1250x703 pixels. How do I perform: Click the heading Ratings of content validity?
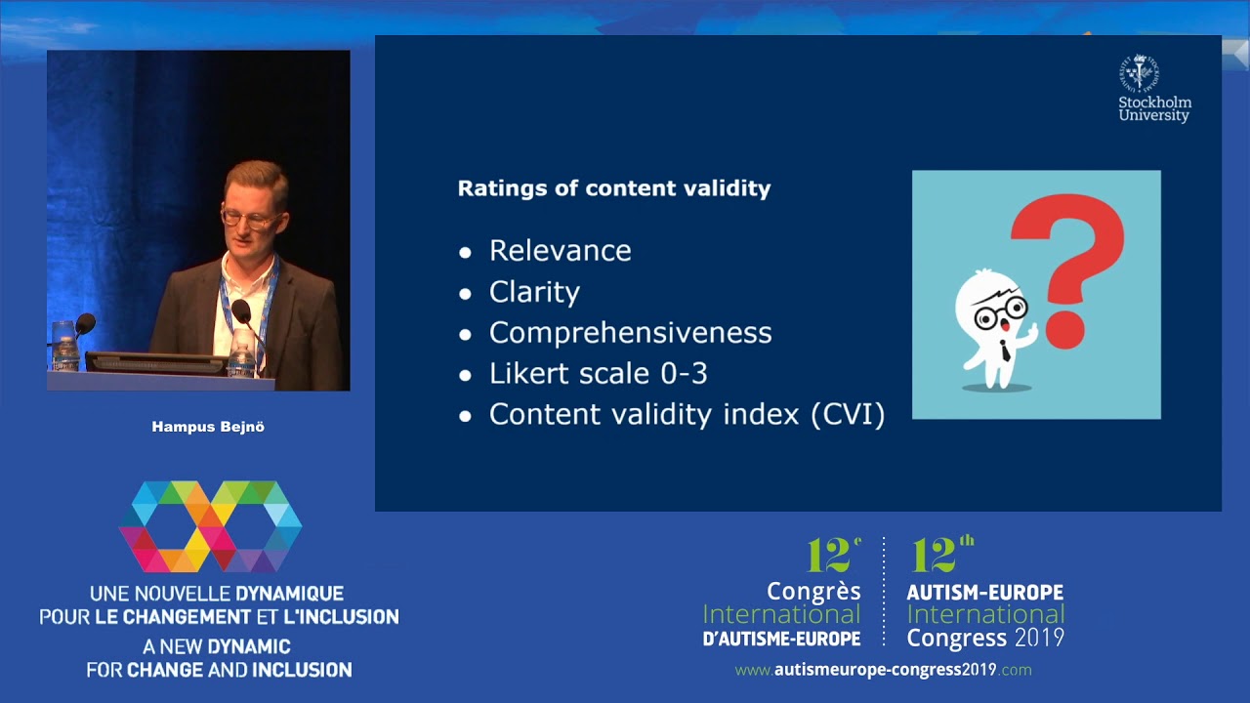[613, 188]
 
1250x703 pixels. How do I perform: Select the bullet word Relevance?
[560, 251]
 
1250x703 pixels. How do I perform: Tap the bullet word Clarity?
[534, 292]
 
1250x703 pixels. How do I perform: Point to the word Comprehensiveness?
[630, 333]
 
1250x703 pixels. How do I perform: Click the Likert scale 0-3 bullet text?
[598, 374]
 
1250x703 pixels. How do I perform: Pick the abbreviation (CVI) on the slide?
[848, 415]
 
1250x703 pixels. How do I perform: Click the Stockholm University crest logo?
[1139, 73]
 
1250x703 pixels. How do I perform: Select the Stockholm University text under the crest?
[1154, 108]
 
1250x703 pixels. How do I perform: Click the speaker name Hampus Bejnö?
[208, 427]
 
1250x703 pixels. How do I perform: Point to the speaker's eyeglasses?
[248, 217]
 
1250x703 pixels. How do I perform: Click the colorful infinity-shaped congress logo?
[210, 526]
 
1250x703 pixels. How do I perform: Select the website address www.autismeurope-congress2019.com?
[883, 670]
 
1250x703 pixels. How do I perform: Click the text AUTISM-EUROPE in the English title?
[984, 593]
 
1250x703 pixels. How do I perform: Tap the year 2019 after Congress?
[1039, 638]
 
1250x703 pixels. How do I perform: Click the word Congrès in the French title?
[813, 591]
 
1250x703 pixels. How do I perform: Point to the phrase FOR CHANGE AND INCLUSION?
[219, 670]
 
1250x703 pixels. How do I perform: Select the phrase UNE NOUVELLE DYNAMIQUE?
[217, 593]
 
